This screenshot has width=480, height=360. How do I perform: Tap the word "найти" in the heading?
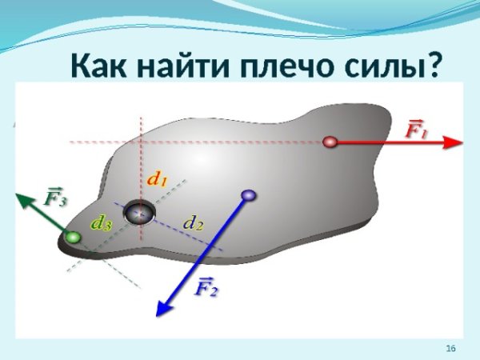pyautogui.click(x=191, y=66)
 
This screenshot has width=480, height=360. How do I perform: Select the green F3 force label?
pyautogui.click(x=55, y=196)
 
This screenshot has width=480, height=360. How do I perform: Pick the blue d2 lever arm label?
pyautogui.click(x=194, y=222)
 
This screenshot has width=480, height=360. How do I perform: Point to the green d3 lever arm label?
pyautogui.click(x=102, y=223)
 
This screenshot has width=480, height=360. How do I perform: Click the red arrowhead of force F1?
pyautogui.click(x=454, y=142)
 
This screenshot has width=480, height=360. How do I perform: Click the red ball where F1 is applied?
pyautogui.click(x=330, y=142)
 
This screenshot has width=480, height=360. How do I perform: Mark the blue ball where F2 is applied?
pyautogui.click(x=248, y=194)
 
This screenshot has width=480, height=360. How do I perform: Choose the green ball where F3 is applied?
pyautogui.click(x=74, y=238)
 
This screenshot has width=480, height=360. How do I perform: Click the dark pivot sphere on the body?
pyautogui.click(x=140, y=213)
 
